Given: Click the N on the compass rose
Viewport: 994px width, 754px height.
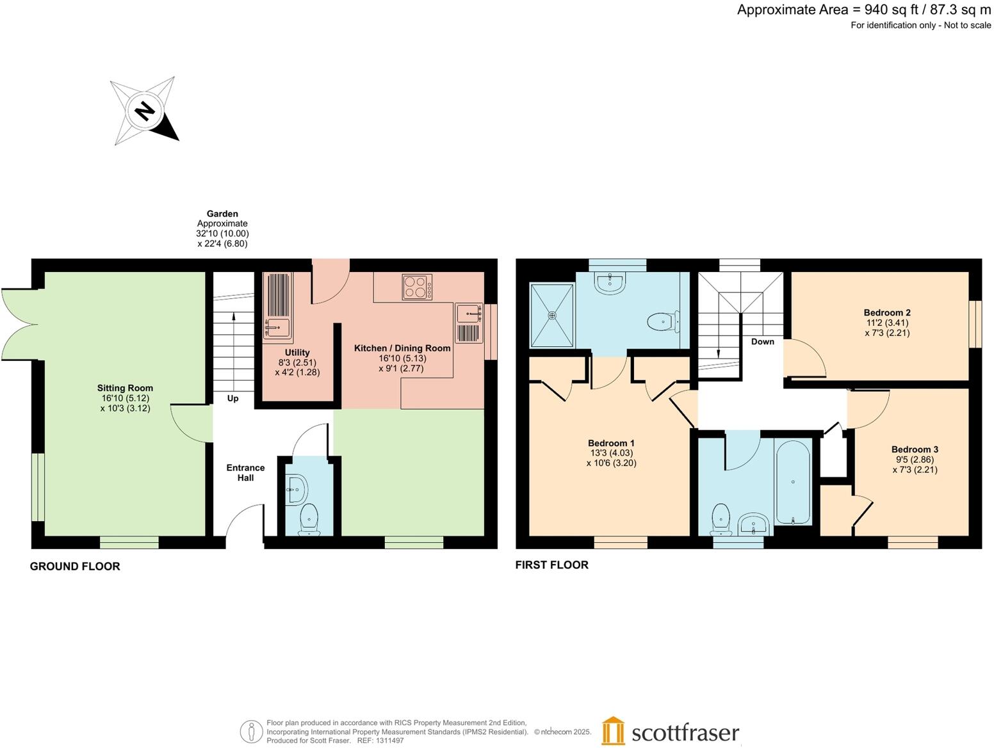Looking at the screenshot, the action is [x=145, y=111].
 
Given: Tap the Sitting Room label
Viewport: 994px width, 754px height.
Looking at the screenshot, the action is [x=125, y=388].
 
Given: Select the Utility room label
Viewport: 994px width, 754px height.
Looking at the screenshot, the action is [x=297, y=352].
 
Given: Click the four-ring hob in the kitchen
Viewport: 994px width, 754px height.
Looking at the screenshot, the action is [x=417, y=287].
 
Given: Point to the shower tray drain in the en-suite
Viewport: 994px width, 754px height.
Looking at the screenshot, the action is [x=553, y=315].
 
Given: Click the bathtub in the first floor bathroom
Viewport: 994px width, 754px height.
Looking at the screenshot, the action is [x=792, y=483].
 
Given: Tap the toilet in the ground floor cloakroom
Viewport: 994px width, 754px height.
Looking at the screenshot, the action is [x=309, y=518].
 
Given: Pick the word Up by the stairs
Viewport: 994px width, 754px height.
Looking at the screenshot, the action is [x=232, y=398].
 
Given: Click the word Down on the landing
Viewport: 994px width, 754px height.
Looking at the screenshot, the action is [x=763, y=342].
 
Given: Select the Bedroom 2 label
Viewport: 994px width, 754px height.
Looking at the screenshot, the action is [x=887, y=312].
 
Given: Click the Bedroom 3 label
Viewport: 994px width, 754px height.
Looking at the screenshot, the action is [x=915, y=449].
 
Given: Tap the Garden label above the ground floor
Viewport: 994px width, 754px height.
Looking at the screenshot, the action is [x=222, y=214].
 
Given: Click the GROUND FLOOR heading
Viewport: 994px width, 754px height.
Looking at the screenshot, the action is [x=75, y=566].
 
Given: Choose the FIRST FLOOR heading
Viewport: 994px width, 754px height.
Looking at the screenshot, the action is [x=552, y=565].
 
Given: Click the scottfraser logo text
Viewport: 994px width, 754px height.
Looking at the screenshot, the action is [x=685, y=733].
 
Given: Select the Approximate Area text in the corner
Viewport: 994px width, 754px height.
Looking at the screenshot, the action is [x=864, y=10].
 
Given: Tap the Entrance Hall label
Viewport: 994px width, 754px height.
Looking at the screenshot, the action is [x=245, y=472].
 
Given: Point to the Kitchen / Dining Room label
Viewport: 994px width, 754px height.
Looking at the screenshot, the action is [x=402, y=348].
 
